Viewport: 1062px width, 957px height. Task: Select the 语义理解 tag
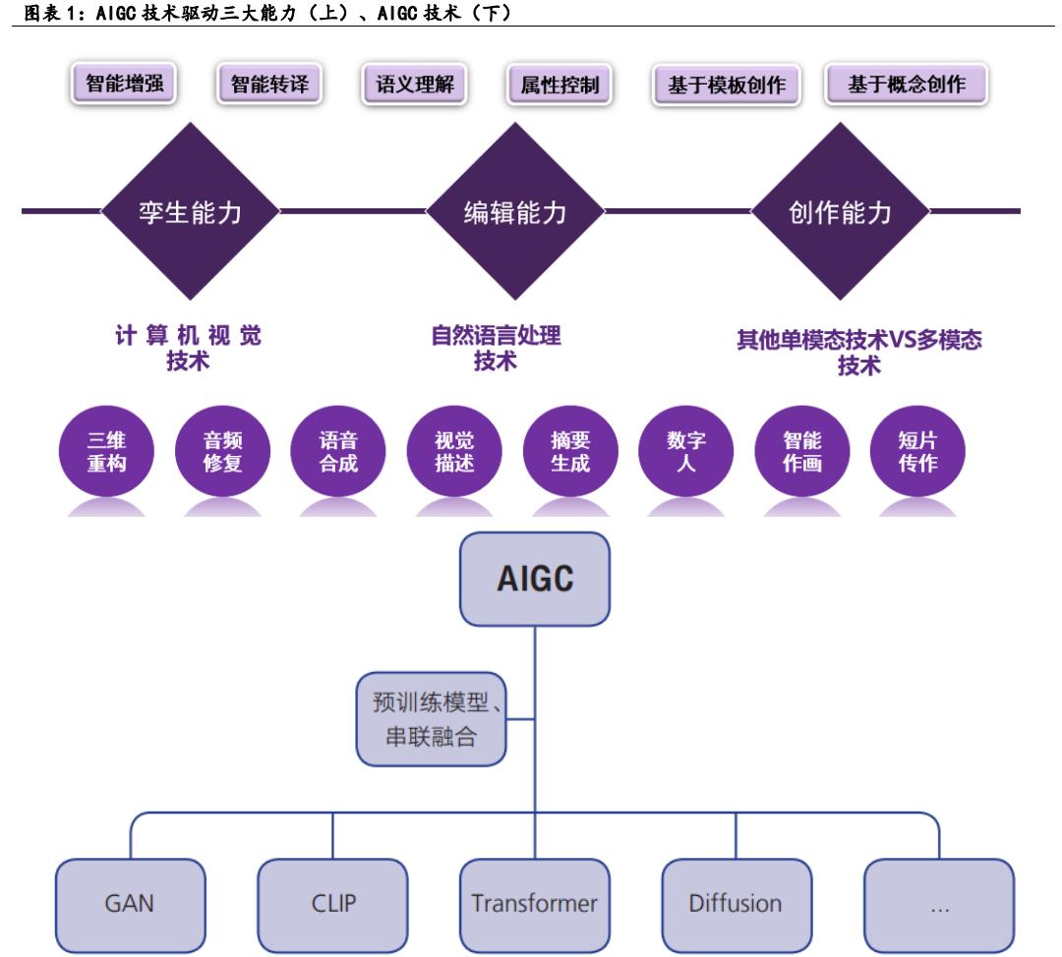pos(414,84)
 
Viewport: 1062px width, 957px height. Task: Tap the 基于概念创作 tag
pos(906,84)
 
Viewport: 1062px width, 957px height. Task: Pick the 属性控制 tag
pos(559,85)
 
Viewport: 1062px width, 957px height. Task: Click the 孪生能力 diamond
pos(189,211)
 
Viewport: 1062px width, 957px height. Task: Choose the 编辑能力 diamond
pos(514,211)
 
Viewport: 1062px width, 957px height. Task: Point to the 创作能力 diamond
pos(839,211)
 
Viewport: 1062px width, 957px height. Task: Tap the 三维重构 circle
pos(106,453)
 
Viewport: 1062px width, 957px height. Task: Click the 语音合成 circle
pos(338,453)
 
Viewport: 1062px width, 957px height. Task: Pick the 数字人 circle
pos(686,453)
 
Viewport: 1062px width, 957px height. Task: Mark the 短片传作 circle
pos(917,453)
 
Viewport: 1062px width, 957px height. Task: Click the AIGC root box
pos(535,578)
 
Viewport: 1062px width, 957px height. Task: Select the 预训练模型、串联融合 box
pos(431,719)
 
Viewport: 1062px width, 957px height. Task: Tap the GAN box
pos(129,904)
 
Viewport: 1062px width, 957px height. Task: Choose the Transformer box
pos(534,904)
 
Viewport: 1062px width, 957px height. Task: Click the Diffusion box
pos(736,904)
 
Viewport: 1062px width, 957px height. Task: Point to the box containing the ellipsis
pos(938,904)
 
